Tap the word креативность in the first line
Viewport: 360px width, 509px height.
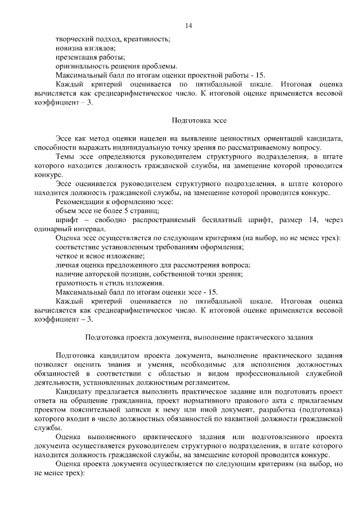pyautogui.click(x=146, y=39)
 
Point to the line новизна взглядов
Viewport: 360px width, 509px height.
pyautogui.click(x=85, y=48)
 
